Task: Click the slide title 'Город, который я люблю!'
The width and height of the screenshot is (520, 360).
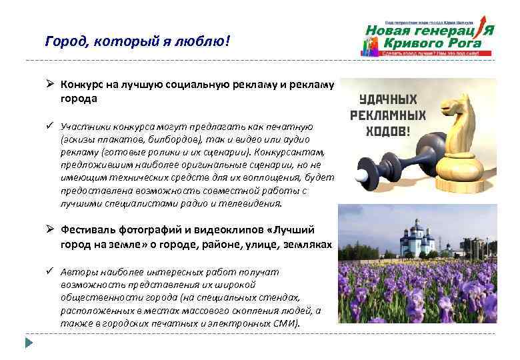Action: click(137, 42)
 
